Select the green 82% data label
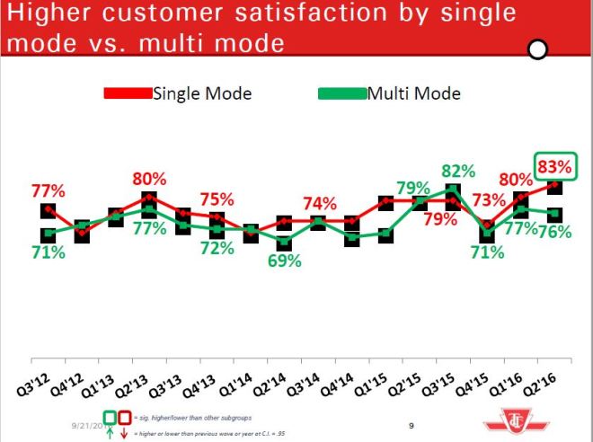(x=457, y=172)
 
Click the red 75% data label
(x=217, y=199)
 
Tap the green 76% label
(x=557, y=231)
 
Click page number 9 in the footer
(x=410, y=426)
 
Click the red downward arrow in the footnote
(x=127, y=433)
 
